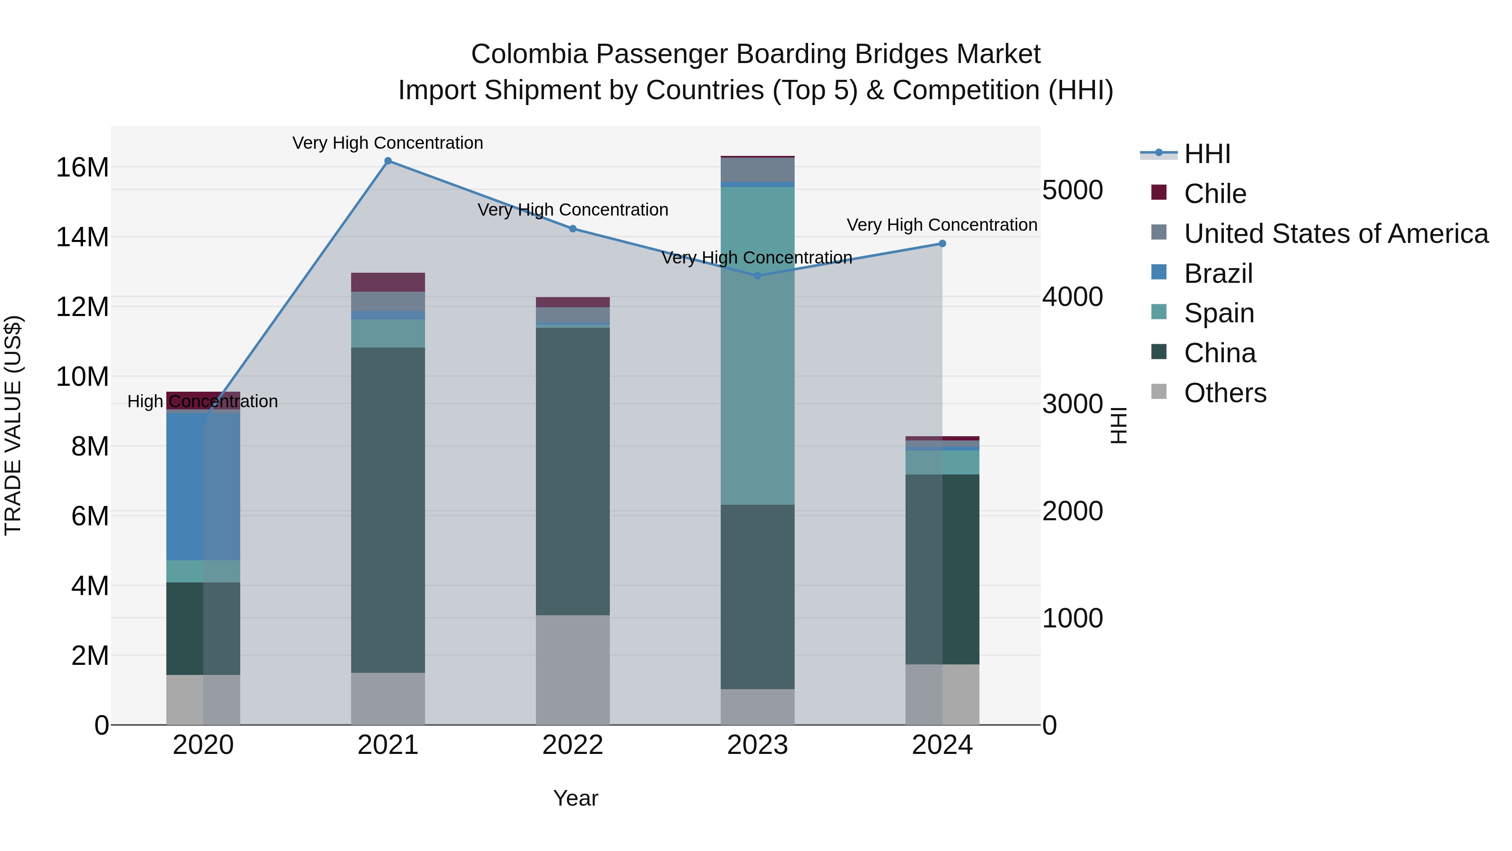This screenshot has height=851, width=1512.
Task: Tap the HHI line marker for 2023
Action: [x=757, y=275]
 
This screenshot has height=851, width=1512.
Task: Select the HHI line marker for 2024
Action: [x=942, y=244]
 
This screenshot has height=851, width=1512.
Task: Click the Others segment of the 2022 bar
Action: [x=572, y=669]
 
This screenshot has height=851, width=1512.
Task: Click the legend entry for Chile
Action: [x=1215, y=194]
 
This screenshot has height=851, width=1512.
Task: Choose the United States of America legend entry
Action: [x=1335, y=234]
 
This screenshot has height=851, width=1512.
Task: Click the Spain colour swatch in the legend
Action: [x=1159, y=312]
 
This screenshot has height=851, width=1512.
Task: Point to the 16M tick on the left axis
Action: [x=82, y=167]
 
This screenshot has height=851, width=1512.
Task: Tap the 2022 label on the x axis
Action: [x=572, y=745]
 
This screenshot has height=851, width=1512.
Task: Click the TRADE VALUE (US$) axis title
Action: [x=13, y=425]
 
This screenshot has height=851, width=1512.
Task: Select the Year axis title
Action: [x=575, y=798]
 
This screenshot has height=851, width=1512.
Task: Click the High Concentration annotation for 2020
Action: [x=202, y=402]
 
